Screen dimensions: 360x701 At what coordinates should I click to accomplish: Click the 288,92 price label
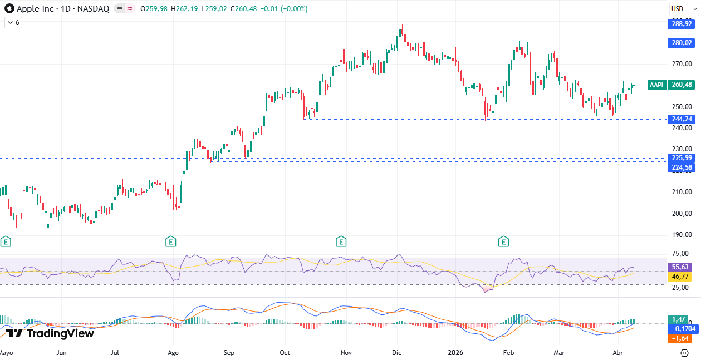(682, 24)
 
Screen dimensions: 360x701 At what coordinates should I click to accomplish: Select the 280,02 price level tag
(682, 43)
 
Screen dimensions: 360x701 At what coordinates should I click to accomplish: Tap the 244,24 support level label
(682, 119)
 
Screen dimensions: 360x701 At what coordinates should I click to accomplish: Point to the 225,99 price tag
(682, 158)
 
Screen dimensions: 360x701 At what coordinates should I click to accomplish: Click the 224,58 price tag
(682, 167)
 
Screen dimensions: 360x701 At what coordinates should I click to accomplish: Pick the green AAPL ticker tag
(657, 85)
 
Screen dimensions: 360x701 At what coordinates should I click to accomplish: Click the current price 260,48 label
(682, 85)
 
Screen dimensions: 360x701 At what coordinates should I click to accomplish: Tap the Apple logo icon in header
(9, 9)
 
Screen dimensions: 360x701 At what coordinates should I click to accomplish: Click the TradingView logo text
(50, 333)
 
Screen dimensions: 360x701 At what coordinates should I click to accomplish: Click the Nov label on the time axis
(346, 353)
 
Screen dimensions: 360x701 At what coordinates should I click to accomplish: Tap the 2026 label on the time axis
(456, 353)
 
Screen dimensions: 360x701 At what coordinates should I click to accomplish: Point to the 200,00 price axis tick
(682, 213)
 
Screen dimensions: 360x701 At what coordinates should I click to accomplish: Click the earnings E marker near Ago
(171, 241)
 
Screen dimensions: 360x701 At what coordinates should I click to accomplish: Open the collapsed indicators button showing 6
(13, 23)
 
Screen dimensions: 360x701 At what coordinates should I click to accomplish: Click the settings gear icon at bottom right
(684, 353)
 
